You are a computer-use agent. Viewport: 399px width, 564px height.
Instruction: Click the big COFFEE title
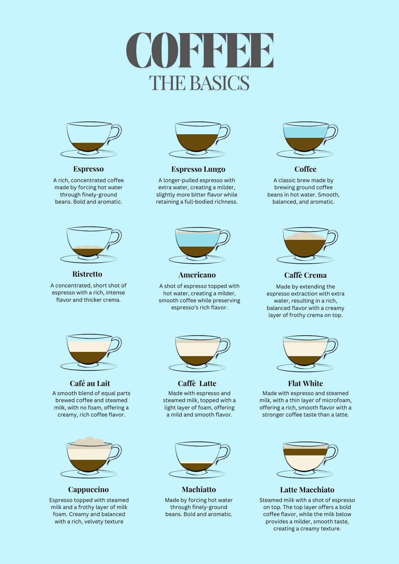point(199,50)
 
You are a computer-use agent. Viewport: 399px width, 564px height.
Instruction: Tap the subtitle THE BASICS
point(199,83)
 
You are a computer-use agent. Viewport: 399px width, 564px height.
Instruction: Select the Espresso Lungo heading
point(198,169)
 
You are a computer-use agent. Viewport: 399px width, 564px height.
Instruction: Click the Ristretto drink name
point(87,274)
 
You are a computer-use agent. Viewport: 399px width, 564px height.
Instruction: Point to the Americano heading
point(197,275)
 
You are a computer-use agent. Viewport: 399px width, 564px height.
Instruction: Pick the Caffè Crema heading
point(305,275)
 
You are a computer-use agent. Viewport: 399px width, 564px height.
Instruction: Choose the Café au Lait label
point(90,383)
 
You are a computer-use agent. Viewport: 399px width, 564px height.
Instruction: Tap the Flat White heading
point(306,383)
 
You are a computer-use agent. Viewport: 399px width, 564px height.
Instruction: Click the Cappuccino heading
point(88,489)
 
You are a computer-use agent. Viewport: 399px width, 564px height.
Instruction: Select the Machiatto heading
point(198,489)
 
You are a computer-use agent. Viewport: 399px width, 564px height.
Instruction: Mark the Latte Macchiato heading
point(307,490)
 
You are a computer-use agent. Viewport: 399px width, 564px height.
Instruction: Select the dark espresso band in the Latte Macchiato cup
point(305,452)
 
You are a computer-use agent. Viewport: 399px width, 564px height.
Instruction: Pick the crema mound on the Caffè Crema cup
point(305,236)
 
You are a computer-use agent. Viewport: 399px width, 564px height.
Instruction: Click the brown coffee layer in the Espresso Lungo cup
point(197,142)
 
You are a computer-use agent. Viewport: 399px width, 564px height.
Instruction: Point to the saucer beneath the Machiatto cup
point(197,474)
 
